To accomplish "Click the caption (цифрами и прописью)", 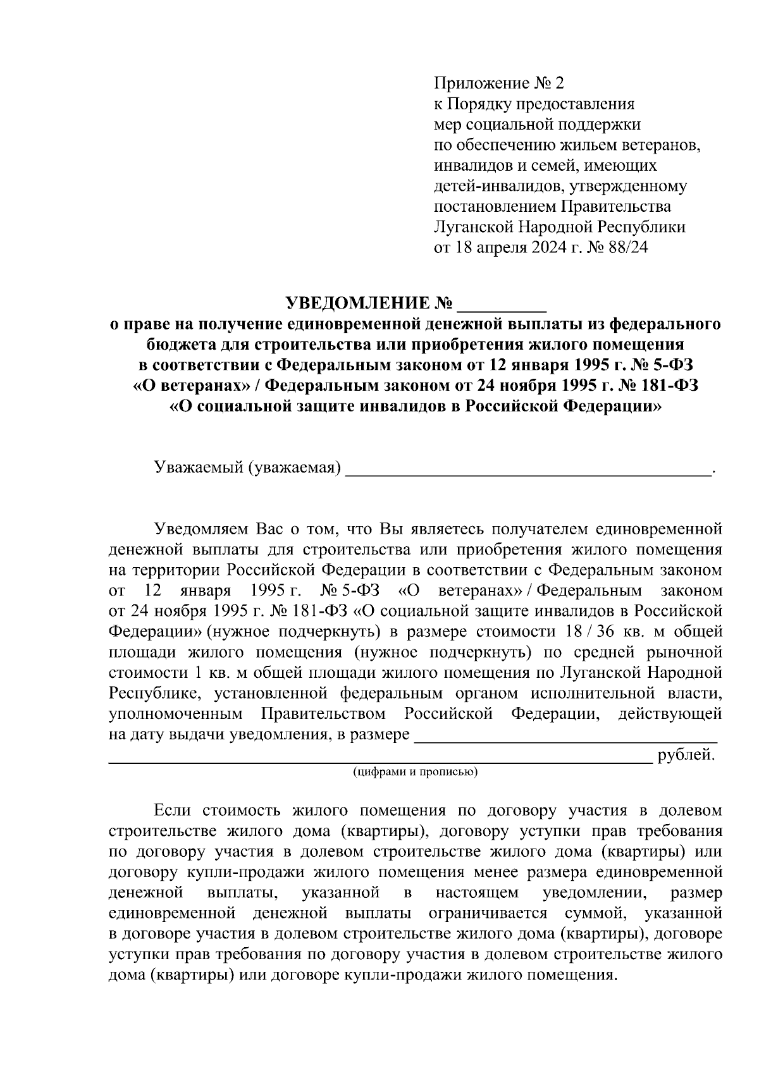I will pos(415,773).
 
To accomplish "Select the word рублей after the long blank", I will pos(686,755).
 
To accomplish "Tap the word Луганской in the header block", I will pos(473,227).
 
